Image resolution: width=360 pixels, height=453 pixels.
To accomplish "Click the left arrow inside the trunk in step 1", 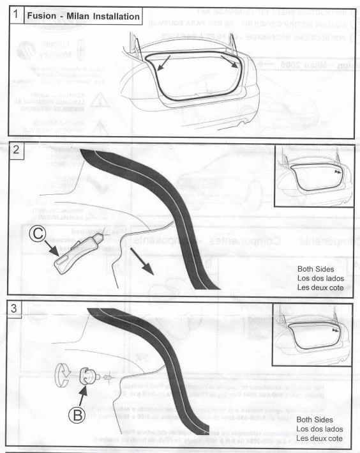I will click(x=163, y=62).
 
